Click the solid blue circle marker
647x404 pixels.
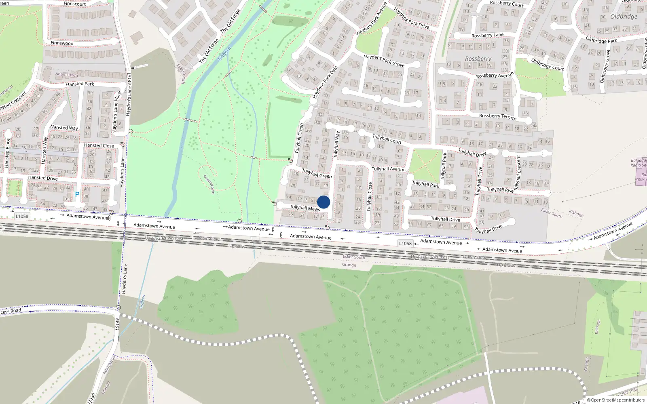click(x=323, y=202)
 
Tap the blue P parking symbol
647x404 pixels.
click(x=77, y=195)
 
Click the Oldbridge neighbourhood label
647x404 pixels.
click(x=624, y=17)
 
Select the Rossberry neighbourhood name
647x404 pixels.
click(x=478, y=59)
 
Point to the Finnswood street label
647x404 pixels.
click(x=62, y=43)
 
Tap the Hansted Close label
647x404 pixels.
click(x=99, y=145)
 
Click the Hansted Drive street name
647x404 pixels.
click(x=43, y=178)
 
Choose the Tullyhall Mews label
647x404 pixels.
click(x=305, y=208)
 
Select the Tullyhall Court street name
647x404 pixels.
click(x=387, y=139)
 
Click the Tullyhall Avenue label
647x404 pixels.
click(x=388, y=169)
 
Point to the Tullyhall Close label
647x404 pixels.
click(x=369, y=197)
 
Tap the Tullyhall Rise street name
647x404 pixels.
click(x=500, y=189)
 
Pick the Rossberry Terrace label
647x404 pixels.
click(x=497, y=116)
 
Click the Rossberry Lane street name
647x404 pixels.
click(x=487, y=36)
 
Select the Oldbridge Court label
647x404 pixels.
click(x=547, y=65)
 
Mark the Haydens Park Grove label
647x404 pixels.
click(x=384, y=61)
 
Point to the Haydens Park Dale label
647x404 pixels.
click(x=325, y=82)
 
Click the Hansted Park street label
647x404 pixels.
click(x=80, y=84)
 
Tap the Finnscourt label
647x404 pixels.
click(x=74, y=4)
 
